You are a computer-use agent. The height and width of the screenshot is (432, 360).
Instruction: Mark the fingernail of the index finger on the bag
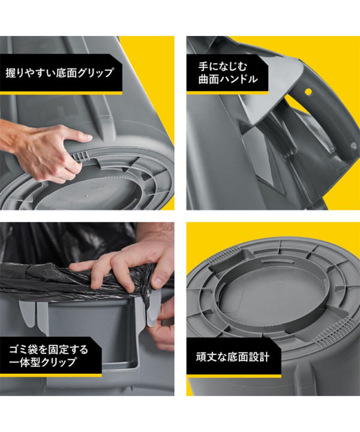pyautogui.click(x=157, y=280)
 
